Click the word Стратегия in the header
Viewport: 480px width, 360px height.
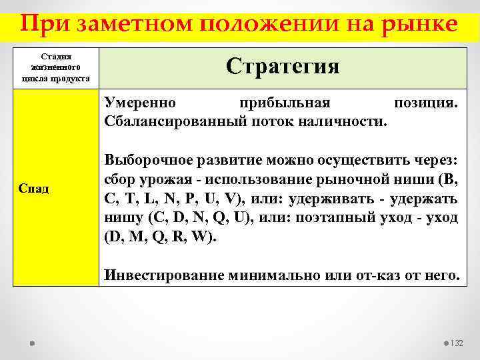tap(283, 65)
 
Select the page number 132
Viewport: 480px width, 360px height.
tap(457, 343)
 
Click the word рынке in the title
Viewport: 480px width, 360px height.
tap(419, 24)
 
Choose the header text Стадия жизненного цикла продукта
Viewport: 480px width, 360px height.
tap(56, 68)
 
